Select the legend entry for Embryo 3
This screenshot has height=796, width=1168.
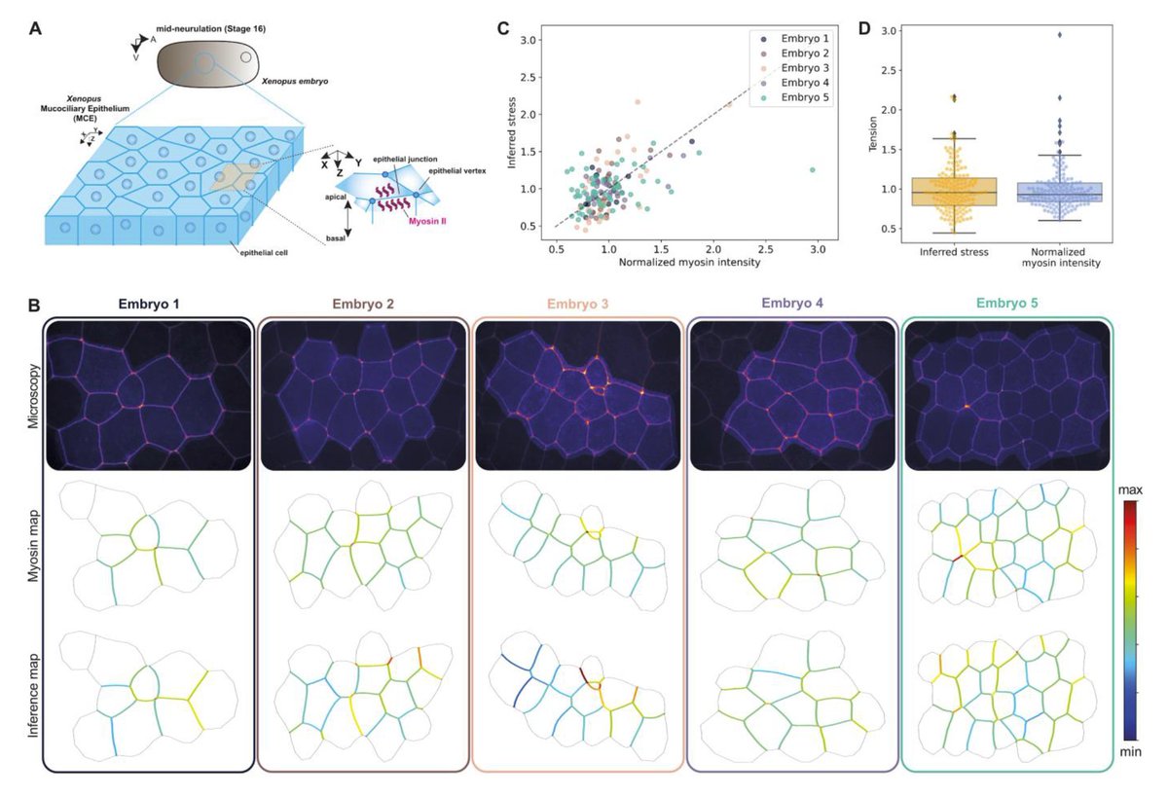click(x=790, y=68)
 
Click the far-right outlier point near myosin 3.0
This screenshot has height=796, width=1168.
click(x=812, y=169)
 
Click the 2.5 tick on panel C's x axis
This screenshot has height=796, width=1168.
click(x=765, y=249)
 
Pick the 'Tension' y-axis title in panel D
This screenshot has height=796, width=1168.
click(x=873, y=135)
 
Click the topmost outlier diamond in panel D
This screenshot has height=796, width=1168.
click(x=1059, y=35)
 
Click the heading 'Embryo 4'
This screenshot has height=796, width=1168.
click(x=790, y=304)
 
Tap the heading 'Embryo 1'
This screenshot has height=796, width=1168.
click(x=146, y=304)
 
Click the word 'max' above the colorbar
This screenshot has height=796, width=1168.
click(x=1130, y=487)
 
